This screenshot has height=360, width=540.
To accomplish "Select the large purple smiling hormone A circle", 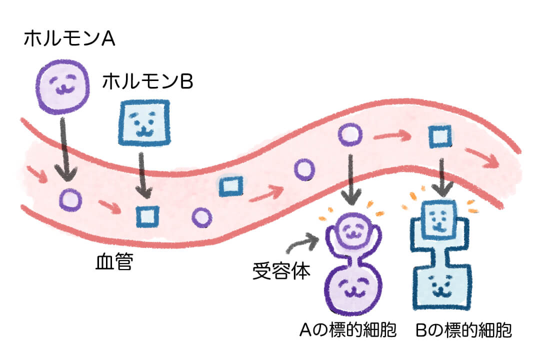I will point(63,87).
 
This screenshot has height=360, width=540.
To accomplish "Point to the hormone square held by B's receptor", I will point(439,220).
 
